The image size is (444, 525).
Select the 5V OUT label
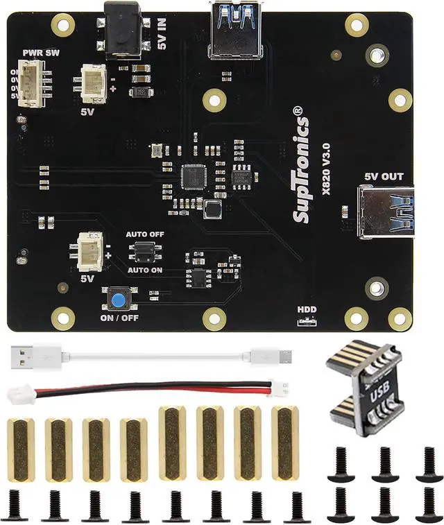pyautogui.click(x=383, y=176)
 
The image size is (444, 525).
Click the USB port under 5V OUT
pyautogui.click(x=387, y=212)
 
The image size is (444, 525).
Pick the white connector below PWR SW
pyautogui.click(x=30, y=83)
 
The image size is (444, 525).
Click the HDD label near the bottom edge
pyautogui.click(x=306, y=310)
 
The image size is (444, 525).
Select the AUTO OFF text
pyautogui.click(x=145, y=234)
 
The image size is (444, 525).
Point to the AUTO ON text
pyautogui.click(x=145, y=269)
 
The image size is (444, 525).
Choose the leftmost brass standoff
pyautogui.click(x=21, y=450)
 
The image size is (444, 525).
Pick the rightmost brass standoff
pyautogui.click(x=284, y=442)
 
